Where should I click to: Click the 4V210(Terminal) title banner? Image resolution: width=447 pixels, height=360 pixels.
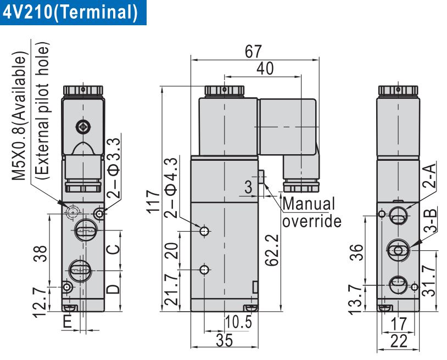click(x=70, y=12)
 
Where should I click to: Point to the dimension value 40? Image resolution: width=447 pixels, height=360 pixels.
click(x=265, y=68)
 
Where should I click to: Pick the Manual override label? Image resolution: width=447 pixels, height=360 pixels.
click(x=311, y=212)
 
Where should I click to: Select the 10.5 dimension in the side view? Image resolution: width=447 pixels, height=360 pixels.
click(x=238, y=323)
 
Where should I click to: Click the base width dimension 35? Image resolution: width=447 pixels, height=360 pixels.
click(x=224, y=340)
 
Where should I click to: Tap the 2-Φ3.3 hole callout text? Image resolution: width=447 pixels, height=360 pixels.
click(x=114, y=168)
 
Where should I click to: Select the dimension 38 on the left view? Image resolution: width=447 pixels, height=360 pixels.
click(x=39, y=253)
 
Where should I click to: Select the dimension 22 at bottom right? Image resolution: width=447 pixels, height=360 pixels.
click(x=400, y=341)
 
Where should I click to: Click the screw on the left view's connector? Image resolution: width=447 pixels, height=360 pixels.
click(x=82, y=126)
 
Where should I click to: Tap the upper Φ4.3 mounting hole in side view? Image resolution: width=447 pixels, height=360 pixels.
click(x=205, y=231)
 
